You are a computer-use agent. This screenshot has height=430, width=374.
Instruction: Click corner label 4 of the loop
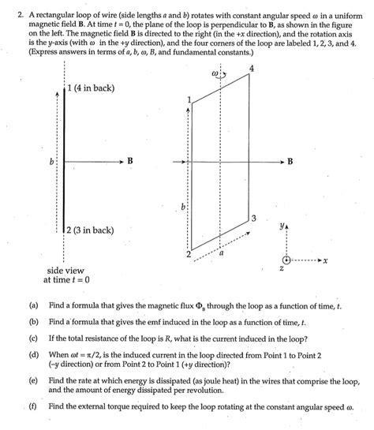251,69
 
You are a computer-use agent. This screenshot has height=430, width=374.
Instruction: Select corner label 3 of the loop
253,217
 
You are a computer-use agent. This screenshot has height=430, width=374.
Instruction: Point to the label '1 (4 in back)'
93,88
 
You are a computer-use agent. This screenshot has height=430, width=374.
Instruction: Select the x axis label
325,260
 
